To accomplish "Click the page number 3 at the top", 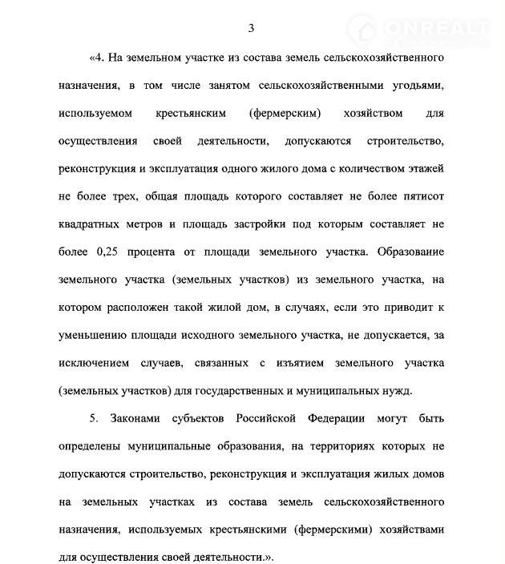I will tap(252, 28).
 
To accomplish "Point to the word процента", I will tap(158, 252).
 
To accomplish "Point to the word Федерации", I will tap(333, 419).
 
